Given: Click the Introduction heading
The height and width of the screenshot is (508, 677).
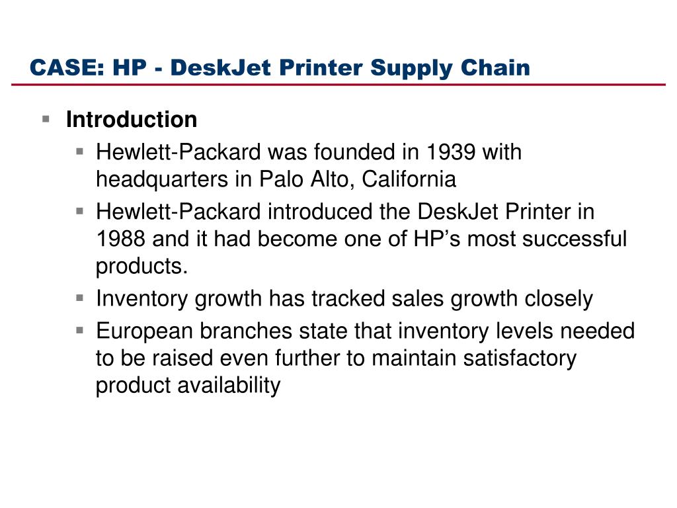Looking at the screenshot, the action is pos(132,119).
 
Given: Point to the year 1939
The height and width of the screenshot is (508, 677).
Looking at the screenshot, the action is pos(451,152).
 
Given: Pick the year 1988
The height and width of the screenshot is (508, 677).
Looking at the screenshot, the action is pos(120,239).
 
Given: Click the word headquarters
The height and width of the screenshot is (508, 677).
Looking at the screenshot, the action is pos(162,180).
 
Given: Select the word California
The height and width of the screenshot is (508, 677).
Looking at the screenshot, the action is pos(409,179).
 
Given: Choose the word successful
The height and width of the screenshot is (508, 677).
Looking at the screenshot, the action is pos(575,239).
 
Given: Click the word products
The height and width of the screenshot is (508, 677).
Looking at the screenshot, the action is pos(142,267).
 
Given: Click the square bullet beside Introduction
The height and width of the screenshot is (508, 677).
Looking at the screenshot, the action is pos(46,119).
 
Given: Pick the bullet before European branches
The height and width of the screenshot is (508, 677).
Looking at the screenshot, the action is pos(79,331).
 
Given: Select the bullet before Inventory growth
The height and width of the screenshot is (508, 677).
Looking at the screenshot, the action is pos(79,298).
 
